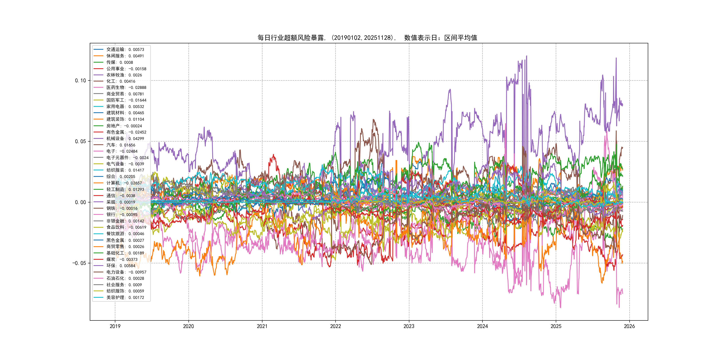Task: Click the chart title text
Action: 367,38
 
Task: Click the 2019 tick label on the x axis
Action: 115,326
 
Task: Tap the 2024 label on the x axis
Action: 482,326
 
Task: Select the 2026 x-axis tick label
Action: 629,326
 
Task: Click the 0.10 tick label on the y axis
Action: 80,80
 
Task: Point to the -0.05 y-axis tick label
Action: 79,263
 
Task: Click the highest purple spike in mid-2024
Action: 527,56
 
